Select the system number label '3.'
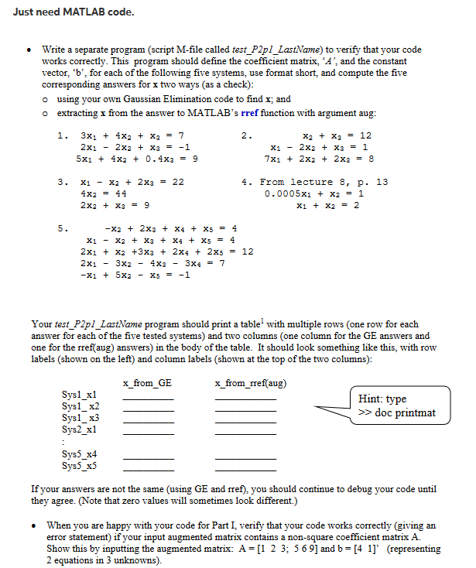tap(61, 182)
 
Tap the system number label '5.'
tap(61, 228)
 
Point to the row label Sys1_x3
tap(80, 418)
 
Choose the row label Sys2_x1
tap(80, 429)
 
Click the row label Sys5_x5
tap(80, 466)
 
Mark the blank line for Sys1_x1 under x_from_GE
tap(149, 399)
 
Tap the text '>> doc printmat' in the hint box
tap(397, 413)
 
